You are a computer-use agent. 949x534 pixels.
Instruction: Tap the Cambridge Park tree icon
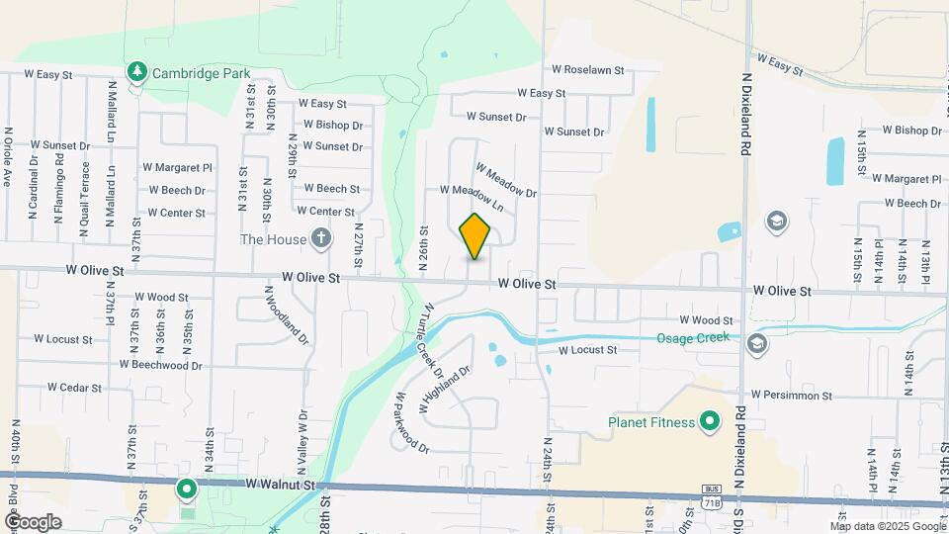(x=136, y=73)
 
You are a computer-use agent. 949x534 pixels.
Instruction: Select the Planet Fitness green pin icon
(x=708, y=423)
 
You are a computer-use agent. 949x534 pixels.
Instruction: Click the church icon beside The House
(x=320, y=238)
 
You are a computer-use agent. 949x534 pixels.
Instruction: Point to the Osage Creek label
(x=693, y=337)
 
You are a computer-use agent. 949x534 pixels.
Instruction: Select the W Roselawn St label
(x=588, y=70)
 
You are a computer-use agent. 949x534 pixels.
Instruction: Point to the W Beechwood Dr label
(x=160, y=364)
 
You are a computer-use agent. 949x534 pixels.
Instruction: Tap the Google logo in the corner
(x=34, y=521)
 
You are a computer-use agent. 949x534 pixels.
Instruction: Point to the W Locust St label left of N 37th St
(x=62, y=338)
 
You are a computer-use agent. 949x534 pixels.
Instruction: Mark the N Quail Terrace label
(x=85, y=192)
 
